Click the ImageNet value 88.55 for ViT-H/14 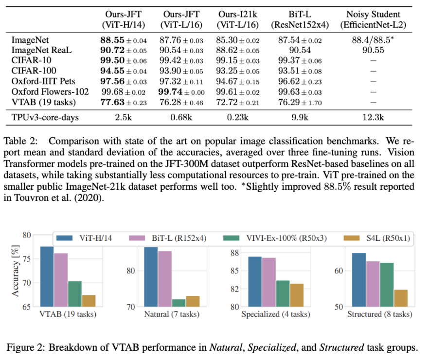(112, 40)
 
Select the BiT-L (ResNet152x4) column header (300, 19)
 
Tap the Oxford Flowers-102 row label (50, 91)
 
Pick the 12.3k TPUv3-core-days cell (373, 117)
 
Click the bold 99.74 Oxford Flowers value (170, 92)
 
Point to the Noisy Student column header (373, 19)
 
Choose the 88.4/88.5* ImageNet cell (373, 40)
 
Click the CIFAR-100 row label (34, 71)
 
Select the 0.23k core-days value (238, 117)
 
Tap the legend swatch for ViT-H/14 (64, 238)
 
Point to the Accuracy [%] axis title (16, 271)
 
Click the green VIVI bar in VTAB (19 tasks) (75, 294)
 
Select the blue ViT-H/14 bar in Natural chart (151, 277)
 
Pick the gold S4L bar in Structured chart (401, 298)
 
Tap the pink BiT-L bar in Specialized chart (269, 282)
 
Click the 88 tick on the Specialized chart (235, 253)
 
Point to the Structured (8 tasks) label (380, 314)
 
